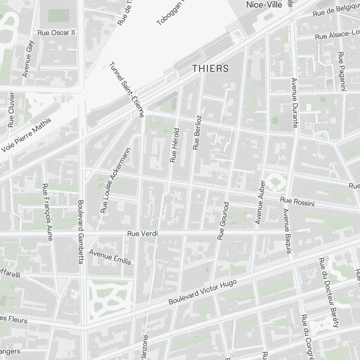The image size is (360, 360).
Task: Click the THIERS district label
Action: (211, 68)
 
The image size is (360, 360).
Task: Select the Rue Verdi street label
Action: (143, 234)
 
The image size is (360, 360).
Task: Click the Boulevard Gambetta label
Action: (81, 232)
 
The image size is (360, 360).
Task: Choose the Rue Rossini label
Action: (297, 202)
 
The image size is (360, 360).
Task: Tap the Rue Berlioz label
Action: (197, 132)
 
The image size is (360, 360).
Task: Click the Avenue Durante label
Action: (294, 103)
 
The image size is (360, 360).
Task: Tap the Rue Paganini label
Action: (341, 71)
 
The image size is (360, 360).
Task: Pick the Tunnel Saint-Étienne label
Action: (127, 90)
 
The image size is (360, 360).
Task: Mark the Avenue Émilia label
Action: (110, 257)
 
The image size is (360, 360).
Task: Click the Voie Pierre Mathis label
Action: (27, 134)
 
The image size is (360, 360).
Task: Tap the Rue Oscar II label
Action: (56, 33)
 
